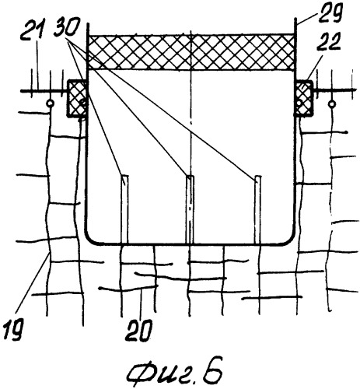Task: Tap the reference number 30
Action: [x=66, y=27]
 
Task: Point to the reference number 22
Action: [x=327, y=42]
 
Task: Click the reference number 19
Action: [x=13, y=329]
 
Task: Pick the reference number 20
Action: [x=138, y=331]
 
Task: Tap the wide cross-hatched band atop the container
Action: [x=191, y=52]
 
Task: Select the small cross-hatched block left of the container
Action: [x=77, y=99]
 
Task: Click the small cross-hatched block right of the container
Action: [x=304, y=98]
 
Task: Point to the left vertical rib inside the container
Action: [x=124, y=209]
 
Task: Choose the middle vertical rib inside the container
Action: [x=190, y=209]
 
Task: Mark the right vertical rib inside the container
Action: [x=257, y=209]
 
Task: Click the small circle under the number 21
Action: [x=50, y=103]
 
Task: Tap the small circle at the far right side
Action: [x=332, y=104]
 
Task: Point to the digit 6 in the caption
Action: [x=212, y=370]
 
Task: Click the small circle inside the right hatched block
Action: [x=299, y=103]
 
